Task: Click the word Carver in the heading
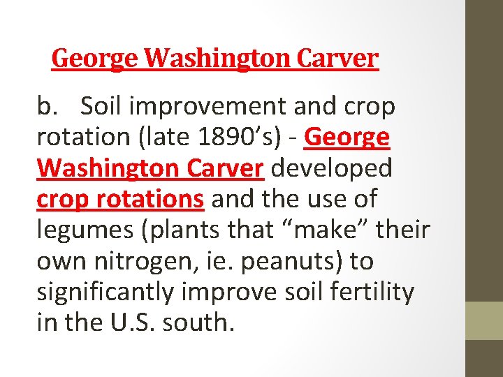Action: [337, 58]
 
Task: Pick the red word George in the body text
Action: [347, 138]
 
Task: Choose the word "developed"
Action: [331, 168]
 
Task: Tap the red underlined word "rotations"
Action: [154, 199]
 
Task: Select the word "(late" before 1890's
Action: [165, 138]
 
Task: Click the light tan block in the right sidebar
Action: [484, 320]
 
